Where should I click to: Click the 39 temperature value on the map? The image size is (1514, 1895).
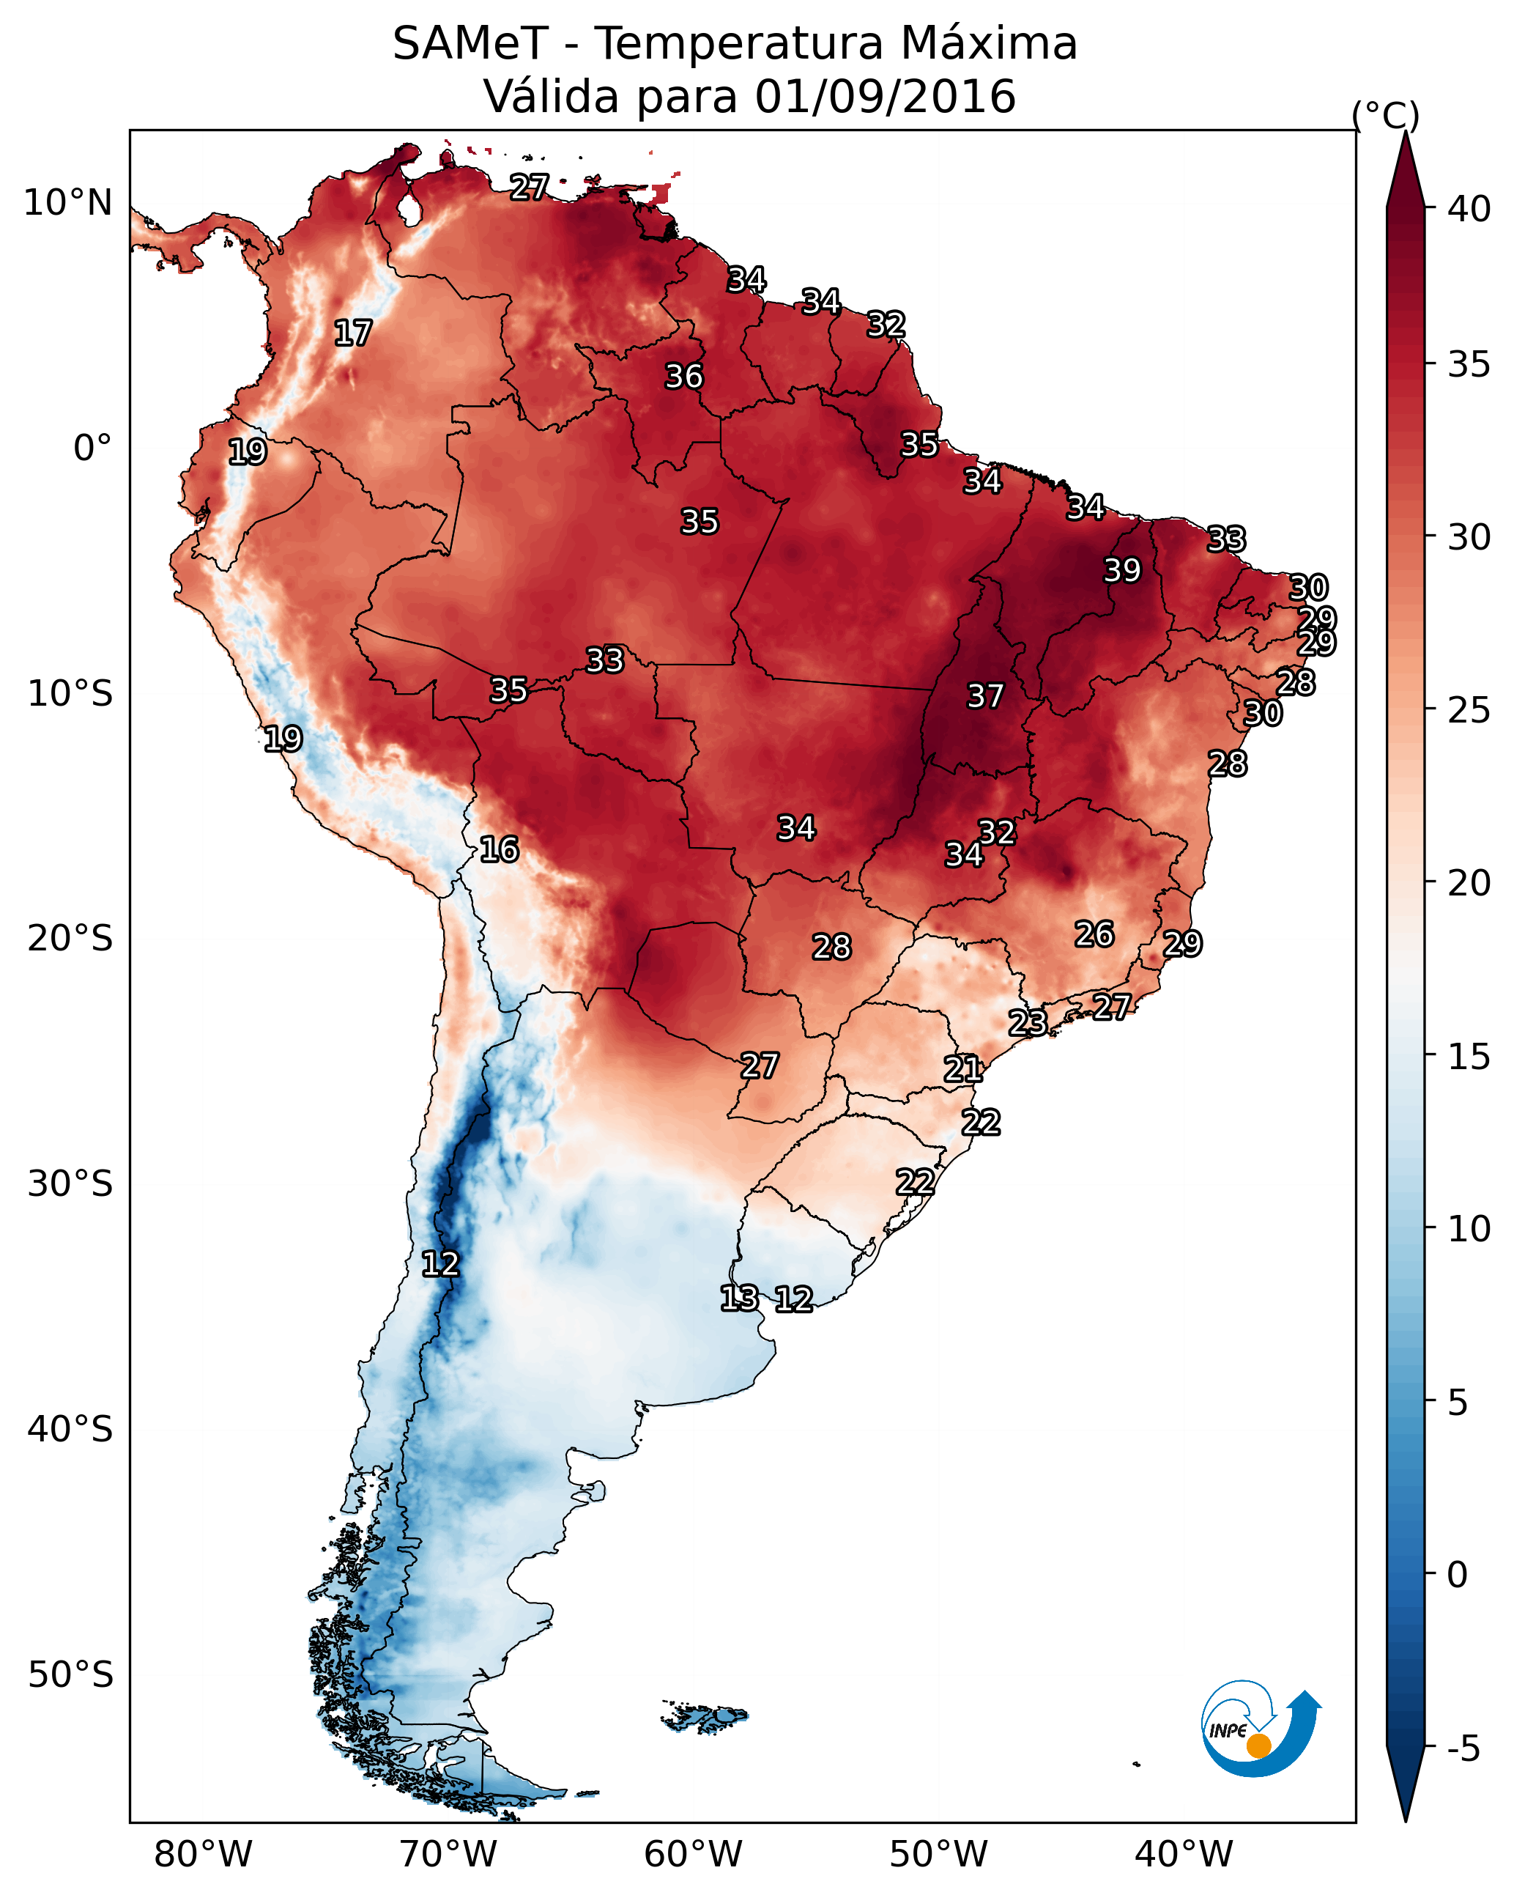pos(1122,570)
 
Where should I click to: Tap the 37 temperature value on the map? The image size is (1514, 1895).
pos(985,696)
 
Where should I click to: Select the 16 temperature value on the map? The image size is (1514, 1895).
pos(499,849)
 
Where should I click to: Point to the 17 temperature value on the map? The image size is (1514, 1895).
pos(353,333)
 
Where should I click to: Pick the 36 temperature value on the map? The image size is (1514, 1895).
pos(683,376)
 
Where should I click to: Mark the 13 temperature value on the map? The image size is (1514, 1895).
pos(739,1299)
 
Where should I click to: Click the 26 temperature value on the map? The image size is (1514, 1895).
pos(1094,934)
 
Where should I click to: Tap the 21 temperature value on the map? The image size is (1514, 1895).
pos(963,1069)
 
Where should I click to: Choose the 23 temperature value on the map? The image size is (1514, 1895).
pos(1027,1022)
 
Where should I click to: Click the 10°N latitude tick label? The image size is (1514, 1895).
pos(67,203)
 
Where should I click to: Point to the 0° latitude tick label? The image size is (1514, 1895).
pos(92,448)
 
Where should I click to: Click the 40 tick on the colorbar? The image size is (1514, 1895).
pos(1469,209)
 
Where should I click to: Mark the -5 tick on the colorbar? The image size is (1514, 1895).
pos(1463,1749)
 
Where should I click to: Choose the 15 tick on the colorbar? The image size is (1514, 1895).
pos(1469,1057)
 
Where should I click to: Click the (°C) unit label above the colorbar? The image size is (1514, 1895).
pos(1386,115)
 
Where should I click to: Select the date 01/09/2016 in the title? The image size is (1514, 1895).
pos(885,97)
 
